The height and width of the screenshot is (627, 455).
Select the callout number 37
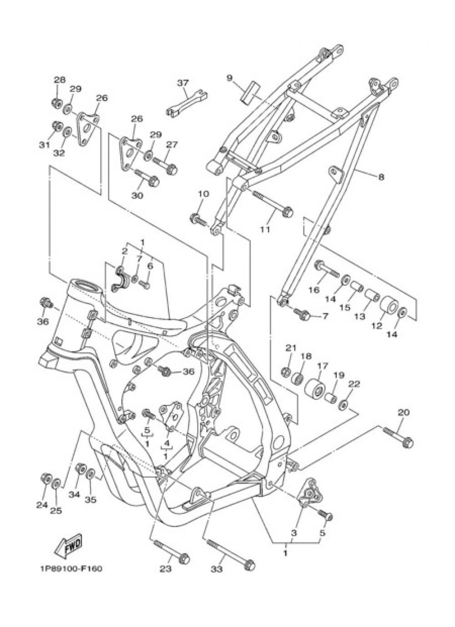click(182, 83)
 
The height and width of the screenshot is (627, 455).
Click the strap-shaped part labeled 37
click(187, 103)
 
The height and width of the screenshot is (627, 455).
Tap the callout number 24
click(42, 505)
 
